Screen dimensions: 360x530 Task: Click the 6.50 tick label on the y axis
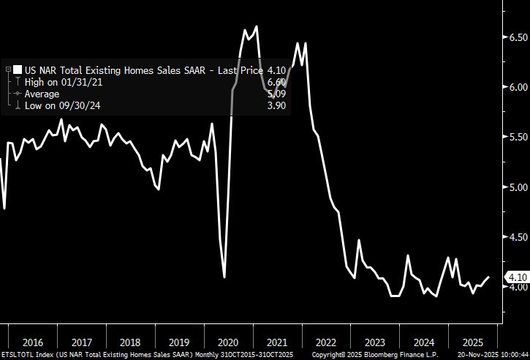tap(518, 37)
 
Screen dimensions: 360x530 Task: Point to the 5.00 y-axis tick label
tap(518, 187)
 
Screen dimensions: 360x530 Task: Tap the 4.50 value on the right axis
tap(518, 237)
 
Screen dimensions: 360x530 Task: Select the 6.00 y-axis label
tap(518, 87)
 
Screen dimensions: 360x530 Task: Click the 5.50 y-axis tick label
tap(518, 137)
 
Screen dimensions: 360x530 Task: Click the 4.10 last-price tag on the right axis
tap(517, 277)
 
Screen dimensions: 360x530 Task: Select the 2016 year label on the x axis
tap(34, 342)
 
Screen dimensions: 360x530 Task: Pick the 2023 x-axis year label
tap(374, 342)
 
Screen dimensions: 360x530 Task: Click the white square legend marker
tap(18, 70)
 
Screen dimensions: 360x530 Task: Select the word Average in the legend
tap(42, 94)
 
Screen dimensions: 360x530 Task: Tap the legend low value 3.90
tap(277, 105)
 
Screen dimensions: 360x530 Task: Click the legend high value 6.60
tap(277, 82)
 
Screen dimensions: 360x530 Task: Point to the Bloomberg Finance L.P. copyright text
tap(395, 355)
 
